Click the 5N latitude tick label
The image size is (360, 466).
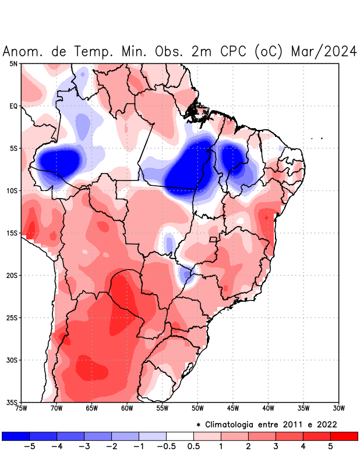(x=13, y=63)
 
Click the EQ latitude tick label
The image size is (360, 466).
(x=13, y=106)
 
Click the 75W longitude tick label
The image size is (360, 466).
(x=22, y=408)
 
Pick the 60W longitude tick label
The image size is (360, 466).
(x=127, y=408)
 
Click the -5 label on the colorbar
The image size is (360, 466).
(x=30, y=447)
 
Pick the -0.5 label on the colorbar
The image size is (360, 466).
(x=166, y=447)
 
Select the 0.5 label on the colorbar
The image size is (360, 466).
(x=193, y=447)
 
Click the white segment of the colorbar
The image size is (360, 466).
(x=180, y=436)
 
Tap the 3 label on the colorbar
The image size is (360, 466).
(x=276, y=447)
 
